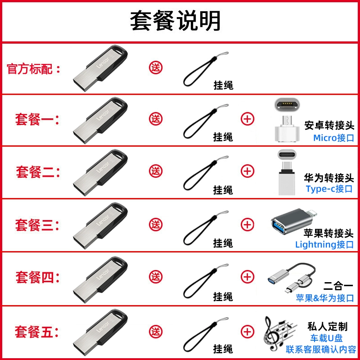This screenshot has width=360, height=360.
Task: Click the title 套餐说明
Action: (175, 21)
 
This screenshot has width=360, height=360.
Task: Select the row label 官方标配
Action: (30, 69)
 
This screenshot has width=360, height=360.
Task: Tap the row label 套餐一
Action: (35, 119)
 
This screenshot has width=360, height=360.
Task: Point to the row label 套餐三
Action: (35, 225)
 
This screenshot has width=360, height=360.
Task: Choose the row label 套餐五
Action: (34, 332)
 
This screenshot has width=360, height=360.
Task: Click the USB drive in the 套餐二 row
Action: (100, 173)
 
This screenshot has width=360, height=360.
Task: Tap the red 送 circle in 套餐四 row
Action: (156, 277)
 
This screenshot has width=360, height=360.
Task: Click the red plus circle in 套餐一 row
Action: (247, 119)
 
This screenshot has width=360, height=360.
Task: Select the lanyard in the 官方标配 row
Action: (206, 69)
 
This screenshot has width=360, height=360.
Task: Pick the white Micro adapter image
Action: (287, 120)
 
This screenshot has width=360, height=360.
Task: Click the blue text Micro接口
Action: (333, 138)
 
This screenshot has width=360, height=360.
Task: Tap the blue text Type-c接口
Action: (329, 189)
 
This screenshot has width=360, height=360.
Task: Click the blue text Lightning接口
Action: (324, 244)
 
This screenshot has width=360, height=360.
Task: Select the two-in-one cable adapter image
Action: (292, 278)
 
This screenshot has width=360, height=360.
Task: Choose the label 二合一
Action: (338, 286)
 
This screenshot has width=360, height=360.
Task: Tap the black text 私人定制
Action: (328, 327)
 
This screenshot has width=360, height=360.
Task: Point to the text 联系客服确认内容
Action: (321, 350)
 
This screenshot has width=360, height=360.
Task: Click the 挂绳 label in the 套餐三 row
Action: (223, 243)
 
